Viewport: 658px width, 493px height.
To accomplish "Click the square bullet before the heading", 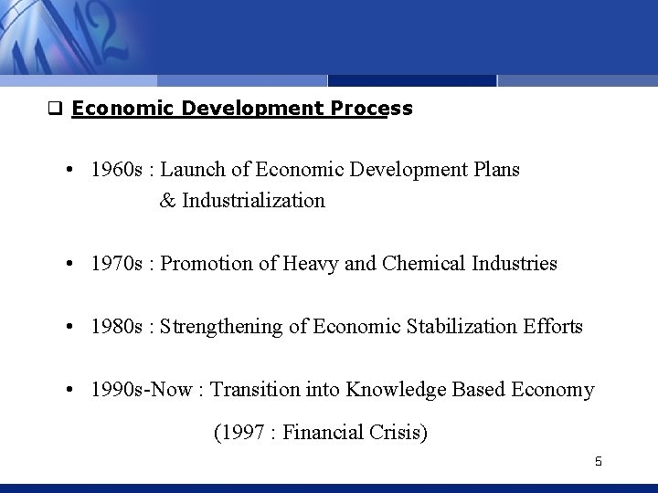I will (x=54, y=110).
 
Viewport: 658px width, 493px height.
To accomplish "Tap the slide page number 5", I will (x=598, y=461).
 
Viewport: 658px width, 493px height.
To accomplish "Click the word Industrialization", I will (x=253, y=201).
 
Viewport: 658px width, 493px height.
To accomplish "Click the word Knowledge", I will (x=394, y=390).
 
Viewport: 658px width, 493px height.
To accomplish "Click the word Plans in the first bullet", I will (x=493, y=170).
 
